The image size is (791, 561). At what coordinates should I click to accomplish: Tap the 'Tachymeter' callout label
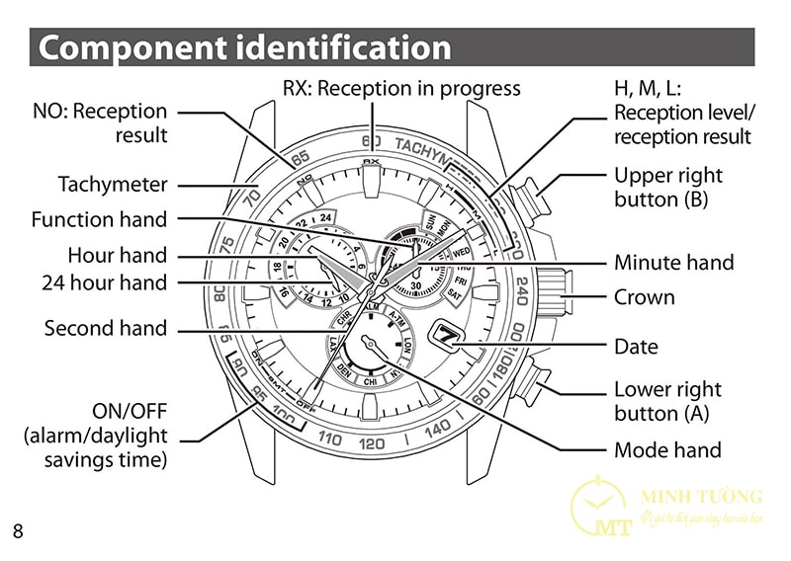point(113,185)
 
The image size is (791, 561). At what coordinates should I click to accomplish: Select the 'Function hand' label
point(99,219)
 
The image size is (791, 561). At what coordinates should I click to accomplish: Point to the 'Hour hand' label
point(118,256)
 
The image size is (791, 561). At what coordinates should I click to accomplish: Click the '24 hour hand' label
point(105,283)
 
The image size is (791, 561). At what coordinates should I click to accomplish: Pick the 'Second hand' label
point(106,329)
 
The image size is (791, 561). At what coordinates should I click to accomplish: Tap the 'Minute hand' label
point(673,263)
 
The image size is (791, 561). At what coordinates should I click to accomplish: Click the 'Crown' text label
point(644,297)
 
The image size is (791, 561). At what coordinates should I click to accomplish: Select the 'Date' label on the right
point(636,347)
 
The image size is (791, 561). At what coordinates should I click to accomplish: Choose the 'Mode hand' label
point(667,450)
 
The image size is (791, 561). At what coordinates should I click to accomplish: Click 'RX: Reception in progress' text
point(401,89)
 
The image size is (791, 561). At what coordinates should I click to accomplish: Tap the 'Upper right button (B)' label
point(668,187)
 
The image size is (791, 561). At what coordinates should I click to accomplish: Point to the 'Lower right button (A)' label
point(668,401)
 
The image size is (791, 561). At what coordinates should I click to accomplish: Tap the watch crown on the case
point(548,290)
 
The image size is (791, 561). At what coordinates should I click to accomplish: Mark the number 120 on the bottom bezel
point(372,443)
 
